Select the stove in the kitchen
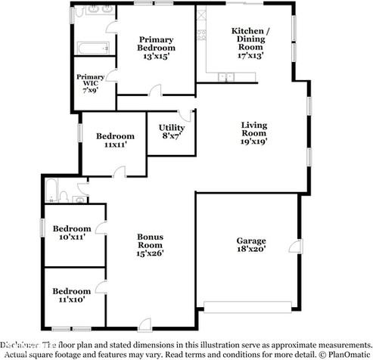click(x=201, y=33)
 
